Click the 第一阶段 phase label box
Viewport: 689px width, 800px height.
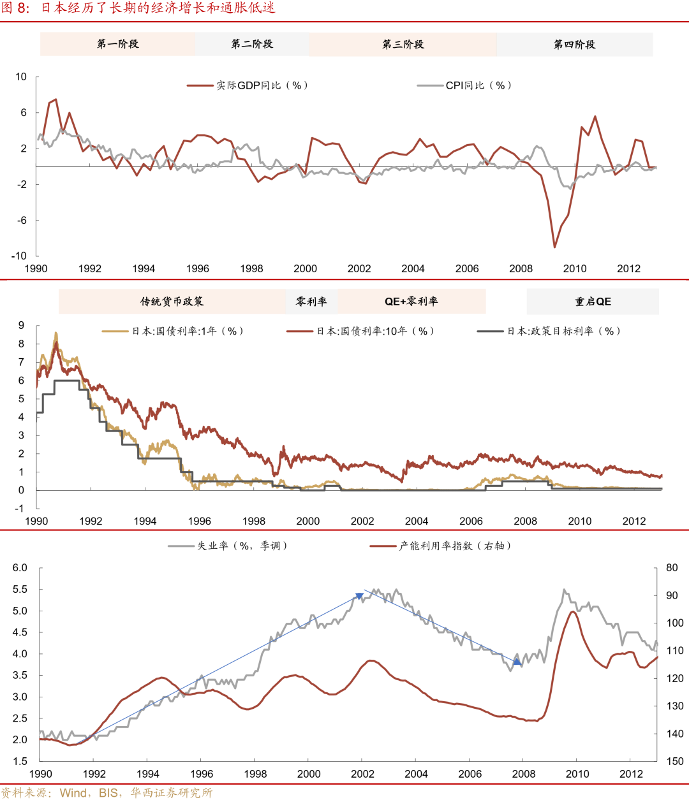click(117, 44)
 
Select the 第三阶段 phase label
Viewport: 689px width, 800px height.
click(403, 44)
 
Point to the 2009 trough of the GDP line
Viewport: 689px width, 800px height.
click(554, 247)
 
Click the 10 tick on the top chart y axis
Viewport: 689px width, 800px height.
click(21, 77)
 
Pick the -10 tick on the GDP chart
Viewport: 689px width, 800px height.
click(19, 256)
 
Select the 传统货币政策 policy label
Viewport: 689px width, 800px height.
click(172, 302)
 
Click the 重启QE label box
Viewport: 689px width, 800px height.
click(593, 302)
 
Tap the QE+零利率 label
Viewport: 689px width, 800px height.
click(411, 302)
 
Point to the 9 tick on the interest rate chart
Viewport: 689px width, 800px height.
click(22, 326)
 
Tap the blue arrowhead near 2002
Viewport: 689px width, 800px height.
click(359, 597)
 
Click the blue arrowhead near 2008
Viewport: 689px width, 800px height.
click(517, 662)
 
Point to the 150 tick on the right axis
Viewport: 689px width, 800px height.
click(674, 761)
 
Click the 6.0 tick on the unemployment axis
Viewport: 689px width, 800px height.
click(20, 568)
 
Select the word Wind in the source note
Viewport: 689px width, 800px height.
click(73, 793)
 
